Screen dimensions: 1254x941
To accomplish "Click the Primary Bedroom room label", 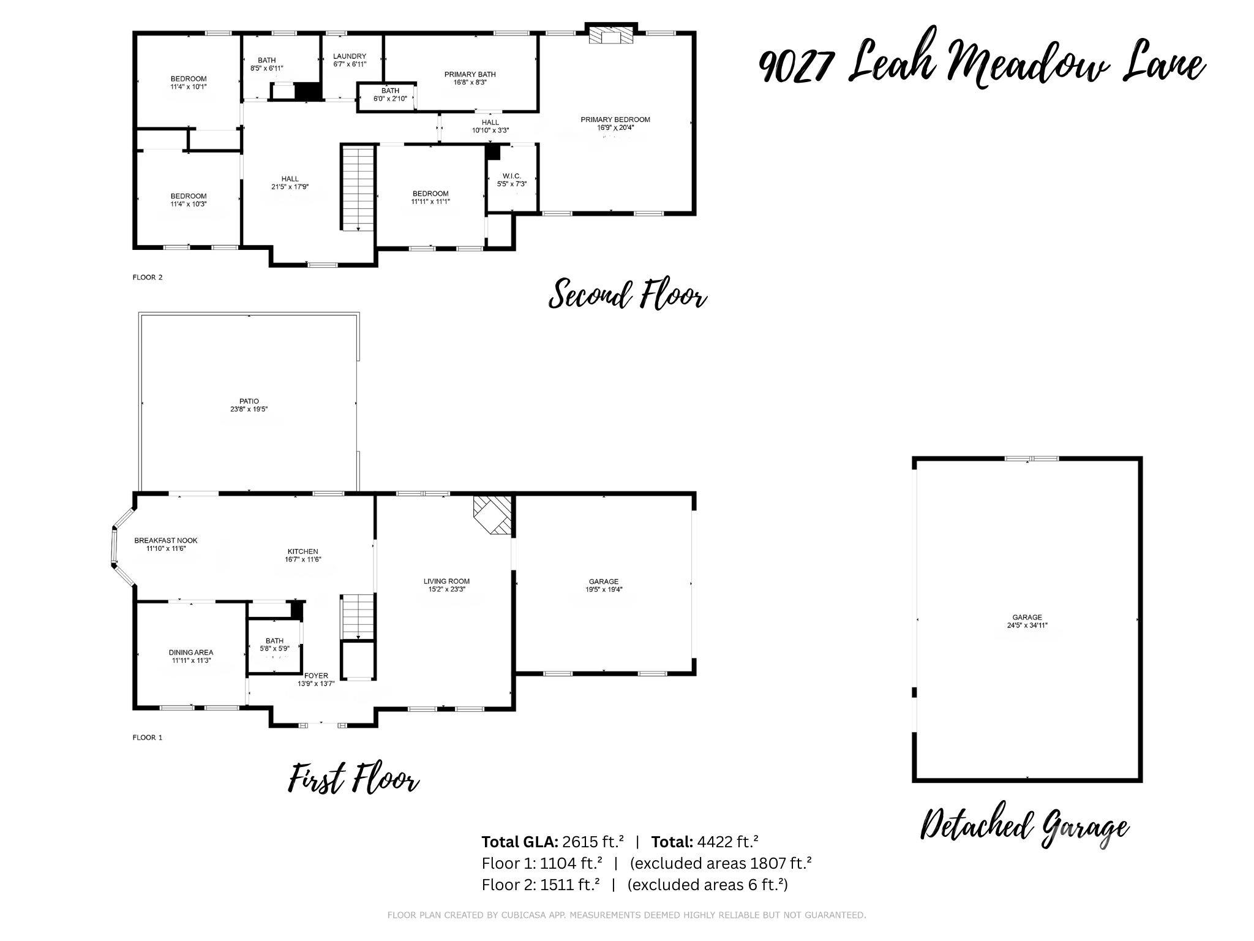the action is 615,119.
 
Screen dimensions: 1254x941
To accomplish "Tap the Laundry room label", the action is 350,56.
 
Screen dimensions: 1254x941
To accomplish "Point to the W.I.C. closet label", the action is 512,176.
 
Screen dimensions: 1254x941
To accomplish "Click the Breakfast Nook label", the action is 166,541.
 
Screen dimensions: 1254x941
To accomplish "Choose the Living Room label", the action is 446,581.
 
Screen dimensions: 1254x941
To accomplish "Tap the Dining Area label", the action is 191,652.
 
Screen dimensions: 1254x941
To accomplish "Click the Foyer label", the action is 316,676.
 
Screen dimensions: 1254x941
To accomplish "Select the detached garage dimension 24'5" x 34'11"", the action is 1027,625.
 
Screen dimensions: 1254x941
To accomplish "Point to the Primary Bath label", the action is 470,74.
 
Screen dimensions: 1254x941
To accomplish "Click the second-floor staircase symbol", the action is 357,188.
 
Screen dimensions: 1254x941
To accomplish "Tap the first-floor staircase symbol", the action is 357,616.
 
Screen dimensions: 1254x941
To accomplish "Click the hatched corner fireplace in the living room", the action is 493,515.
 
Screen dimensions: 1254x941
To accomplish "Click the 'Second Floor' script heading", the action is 628,295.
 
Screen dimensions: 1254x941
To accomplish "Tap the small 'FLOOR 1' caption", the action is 148,738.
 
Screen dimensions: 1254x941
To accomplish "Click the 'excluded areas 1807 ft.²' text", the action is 721,863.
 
